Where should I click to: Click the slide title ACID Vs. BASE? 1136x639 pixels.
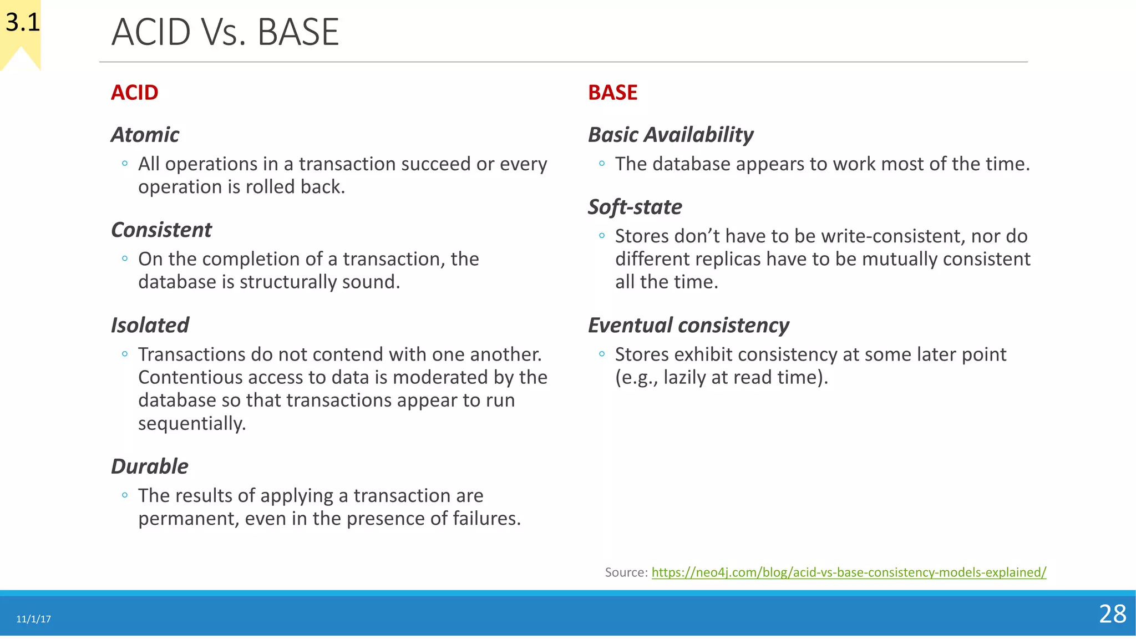(x=225, y=32)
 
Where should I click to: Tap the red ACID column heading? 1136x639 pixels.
(x=134, y=93)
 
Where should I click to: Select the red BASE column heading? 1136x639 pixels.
(x=612, y=93)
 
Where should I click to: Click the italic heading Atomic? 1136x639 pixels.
(x=145, y=135)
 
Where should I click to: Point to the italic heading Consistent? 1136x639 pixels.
(x=161, y=230)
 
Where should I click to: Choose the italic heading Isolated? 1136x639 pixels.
(x=150, y=325)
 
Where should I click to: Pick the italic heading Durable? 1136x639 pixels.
(x=149, y=466)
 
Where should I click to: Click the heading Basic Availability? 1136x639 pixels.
(x=670, y=135)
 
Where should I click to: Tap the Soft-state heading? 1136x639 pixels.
(x=635, y=207)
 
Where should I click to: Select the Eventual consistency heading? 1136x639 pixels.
(x=688, y=325)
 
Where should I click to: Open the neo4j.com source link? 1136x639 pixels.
(x=848, y=572)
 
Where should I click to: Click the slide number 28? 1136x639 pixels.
(x=1112, y=614)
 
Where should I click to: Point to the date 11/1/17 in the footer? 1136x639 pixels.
(x=33, y=619)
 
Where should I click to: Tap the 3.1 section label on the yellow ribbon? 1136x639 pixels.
(x=23, y=23)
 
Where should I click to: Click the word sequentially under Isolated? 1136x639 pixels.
(x=191, y=424)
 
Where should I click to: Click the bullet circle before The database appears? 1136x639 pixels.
(x=602, y=164)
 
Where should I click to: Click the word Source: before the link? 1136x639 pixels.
(x=626, y=572)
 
